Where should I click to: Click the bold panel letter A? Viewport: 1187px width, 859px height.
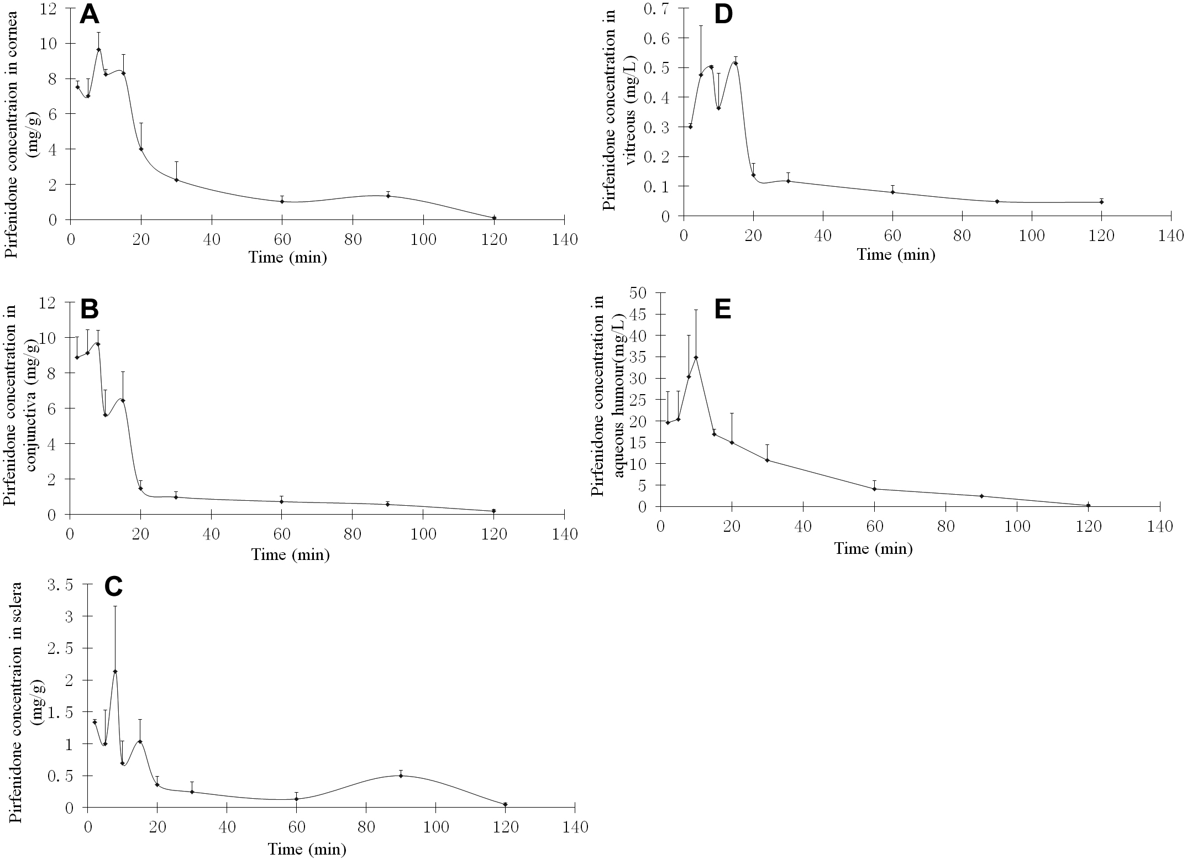[90, 14]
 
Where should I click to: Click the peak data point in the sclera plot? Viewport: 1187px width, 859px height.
[115, 672]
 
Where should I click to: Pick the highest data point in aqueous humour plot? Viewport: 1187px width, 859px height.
[696, 357]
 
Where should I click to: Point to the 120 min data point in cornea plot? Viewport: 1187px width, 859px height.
[493, 218]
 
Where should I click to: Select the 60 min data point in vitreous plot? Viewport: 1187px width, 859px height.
[892, 192]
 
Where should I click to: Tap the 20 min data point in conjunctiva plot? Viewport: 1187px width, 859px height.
[140, 488]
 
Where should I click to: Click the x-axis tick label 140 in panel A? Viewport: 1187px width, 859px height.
[564, 239]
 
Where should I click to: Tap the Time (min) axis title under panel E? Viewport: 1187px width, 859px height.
[873, 548]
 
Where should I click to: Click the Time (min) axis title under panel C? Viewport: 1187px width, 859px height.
[307, 848]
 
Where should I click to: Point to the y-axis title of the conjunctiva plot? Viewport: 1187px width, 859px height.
[21, 408]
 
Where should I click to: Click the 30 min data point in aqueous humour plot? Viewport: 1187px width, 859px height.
[767, 460]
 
